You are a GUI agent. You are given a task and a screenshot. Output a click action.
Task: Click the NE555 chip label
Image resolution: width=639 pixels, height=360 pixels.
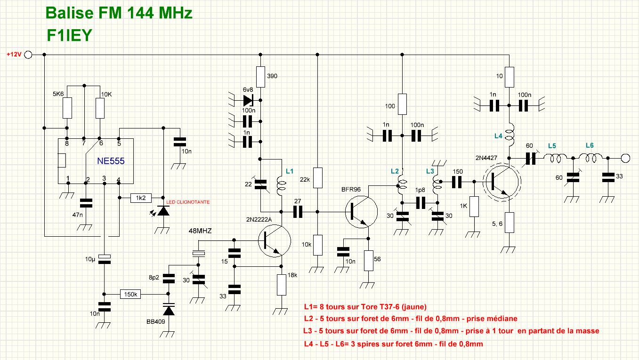coord(110,161)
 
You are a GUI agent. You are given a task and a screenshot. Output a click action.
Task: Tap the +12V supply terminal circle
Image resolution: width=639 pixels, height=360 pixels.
coord(28,55)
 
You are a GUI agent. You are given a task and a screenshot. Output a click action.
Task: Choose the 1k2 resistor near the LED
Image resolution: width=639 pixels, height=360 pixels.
coord(141,198)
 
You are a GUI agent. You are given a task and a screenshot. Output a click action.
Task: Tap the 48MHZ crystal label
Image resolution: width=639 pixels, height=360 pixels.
coord(199,232)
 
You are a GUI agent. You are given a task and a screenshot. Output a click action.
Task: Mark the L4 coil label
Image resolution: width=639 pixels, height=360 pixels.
coord(499,136)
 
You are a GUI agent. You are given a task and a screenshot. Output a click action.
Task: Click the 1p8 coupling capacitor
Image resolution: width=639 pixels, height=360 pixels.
coord(420,203)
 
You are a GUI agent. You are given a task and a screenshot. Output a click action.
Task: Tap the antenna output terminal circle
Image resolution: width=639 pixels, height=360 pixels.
coord(625,158)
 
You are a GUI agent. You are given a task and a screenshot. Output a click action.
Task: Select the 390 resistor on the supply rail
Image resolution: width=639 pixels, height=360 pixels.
coord(261,76)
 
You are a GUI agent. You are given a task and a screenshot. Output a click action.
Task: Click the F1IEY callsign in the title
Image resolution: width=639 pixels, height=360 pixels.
coord(69,36)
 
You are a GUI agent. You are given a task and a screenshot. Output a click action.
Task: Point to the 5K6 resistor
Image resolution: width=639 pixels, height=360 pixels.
coord(67,108)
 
